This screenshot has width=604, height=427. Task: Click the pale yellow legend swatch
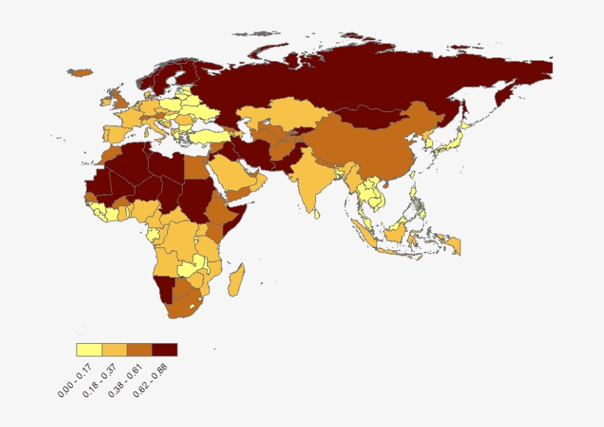(x=89, y=350)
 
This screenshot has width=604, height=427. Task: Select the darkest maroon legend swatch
(x=164, y=350)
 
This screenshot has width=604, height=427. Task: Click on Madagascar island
(x=236, y=280)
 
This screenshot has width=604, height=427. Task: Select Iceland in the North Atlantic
(x=79, y=73)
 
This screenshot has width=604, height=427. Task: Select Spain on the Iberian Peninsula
(x=116, y=133)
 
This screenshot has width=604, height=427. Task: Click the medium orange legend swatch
(x=139, y=350)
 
